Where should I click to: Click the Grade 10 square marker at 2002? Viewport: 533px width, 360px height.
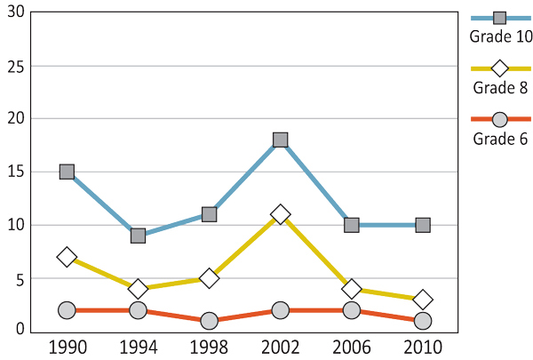click(280, 140)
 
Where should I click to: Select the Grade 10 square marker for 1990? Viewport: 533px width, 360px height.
click(67, 172)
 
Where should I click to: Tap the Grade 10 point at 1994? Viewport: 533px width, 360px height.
click(138, 236)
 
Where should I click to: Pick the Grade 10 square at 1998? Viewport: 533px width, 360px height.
click(209, 214)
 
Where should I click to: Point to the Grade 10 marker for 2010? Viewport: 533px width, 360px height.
click(423, 225)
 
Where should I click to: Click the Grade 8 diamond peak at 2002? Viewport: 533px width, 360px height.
click(280, 214)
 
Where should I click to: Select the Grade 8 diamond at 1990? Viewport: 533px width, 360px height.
click(67, 257)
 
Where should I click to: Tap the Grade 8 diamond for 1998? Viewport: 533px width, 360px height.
click(209, 278)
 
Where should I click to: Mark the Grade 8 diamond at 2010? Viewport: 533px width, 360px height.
click(423, 300)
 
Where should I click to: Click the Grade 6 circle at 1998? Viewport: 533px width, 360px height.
click(209, 321)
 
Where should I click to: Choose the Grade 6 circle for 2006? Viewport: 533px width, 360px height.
click(352, 310)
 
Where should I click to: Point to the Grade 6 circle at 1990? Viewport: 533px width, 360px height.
click(67, 310)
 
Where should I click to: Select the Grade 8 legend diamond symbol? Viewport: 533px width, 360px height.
click(500, 68)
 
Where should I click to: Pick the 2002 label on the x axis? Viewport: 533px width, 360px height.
click(280, 347)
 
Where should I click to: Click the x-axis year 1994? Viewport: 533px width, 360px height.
click(138, 347)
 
